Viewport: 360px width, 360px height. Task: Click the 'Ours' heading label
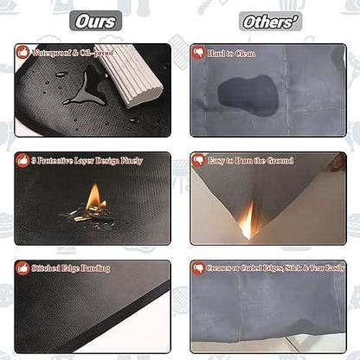coord(95,21)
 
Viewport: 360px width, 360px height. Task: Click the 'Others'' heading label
coord(270,22)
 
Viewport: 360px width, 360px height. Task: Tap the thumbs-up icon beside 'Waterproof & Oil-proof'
coord(22,53)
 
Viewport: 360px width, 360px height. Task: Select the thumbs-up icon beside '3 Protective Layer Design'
coord(22,160)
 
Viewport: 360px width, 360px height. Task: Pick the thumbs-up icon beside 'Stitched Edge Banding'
coord(22,268)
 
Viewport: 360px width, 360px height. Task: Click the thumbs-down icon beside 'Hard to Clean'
coord(198,53)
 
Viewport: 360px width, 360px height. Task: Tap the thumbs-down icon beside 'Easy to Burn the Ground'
coord(198,160)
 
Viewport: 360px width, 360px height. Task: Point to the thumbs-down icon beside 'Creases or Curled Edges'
coord(198,268)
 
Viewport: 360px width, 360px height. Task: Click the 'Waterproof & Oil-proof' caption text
coord(73,53)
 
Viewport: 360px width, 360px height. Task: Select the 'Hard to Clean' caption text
coord(231,54)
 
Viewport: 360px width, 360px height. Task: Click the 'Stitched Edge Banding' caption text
coord(71,268)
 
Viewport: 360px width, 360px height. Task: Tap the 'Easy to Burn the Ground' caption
coord(250,161)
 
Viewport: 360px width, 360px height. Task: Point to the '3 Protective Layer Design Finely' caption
coord(87,161)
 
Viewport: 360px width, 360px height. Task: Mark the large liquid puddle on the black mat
coord(86,87)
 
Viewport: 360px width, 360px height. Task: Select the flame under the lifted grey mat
coord(248,221)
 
